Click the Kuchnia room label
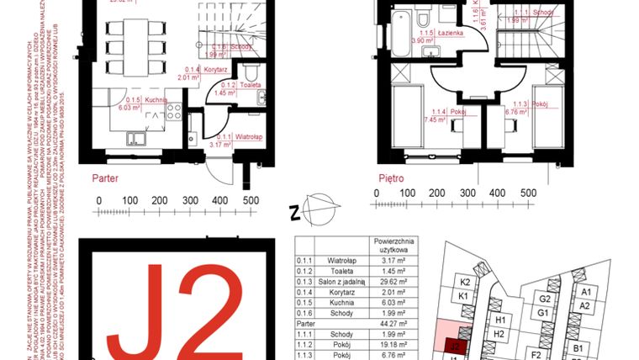tap(154, 98)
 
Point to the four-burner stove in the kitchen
tap(175, 109)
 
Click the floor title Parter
tap(105, 179)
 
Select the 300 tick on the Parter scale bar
tap(189, 200)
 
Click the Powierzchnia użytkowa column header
tap(393, 245)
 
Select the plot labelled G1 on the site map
tap(544, 313)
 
